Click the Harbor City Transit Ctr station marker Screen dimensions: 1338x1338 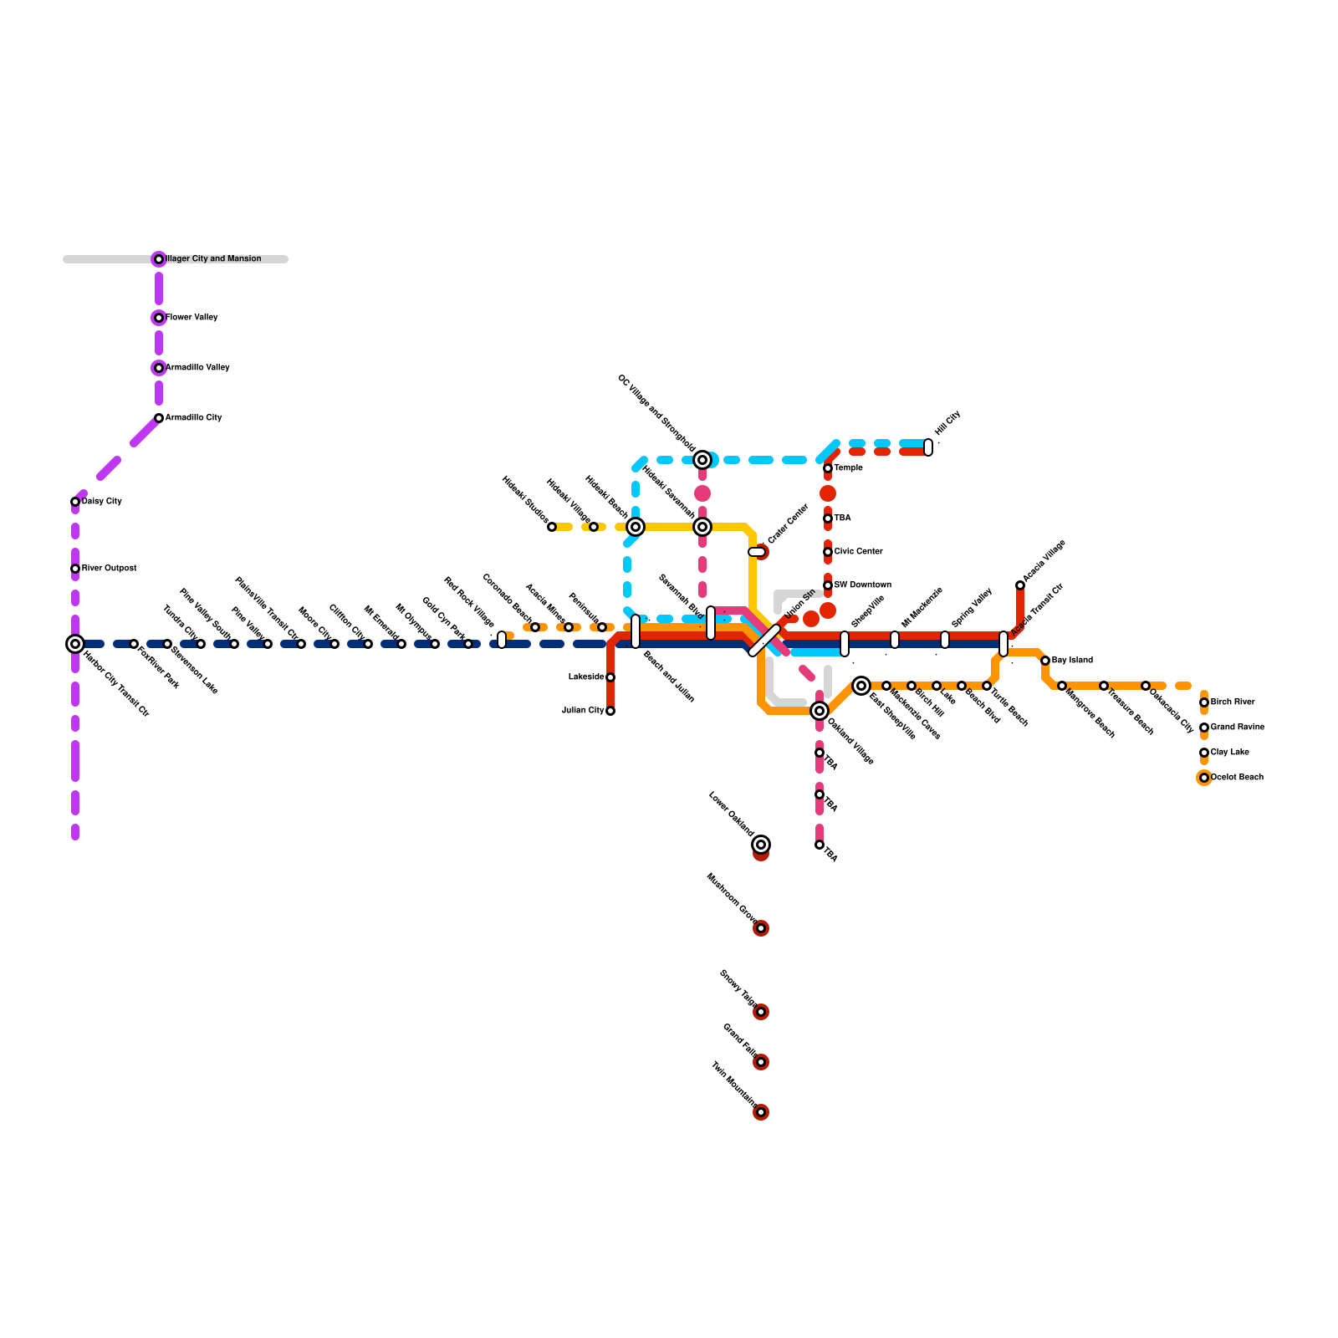point(75,644)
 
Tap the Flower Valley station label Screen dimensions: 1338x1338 point(192,318)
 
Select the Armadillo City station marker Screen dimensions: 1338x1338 point(159,418)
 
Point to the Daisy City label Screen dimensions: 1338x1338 point(102,502)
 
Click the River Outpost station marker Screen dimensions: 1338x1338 point(75,569)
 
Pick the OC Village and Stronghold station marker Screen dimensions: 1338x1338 point(702,460)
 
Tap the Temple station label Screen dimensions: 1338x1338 point(848,468)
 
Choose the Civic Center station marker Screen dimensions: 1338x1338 point(828,552)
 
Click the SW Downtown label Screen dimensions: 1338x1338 point(862,585)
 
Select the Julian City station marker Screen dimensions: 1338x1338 point(610,711)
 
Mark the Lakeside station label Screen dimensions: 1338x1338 point(586,677)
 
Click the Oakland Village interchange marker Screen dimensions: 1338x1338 point(820,711)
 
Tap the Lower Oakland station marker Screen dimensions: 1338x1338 point(761,845)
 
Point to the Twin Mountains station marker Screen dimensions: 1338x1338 point(761,1112)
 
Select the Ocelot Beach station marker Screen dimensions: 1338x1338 point(1204,778)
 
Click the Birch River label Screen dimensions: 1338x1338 point(1233,702)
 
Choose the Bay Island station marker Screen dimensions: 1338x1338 point(1045,661)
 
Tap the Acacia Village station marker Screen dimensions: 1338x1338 point(1020,585)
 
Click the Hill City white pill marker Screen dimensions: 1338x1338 point(928,447)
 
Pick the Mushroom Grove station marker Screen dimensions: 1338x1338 point(761,928)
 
